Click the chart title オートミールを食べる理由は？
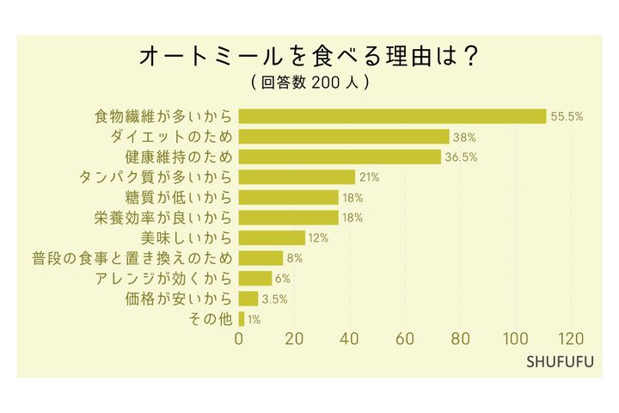point(309,57)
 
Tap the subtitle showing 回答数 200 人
point(309,83)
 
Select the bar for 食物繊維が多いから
point(392,116)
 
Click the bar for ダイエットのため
point(344,137)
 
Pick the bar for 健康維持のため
point(340,157)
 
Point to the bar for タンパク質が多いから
point(297,177)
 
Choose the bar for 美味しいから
point(272,237)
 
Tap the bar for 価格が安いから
point(248,299)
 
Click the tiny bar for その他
point(242,319)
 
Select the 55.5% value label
point(567,116)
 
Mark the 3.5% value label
point(274,299)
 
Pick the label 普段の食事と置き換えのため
point(132,258)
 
